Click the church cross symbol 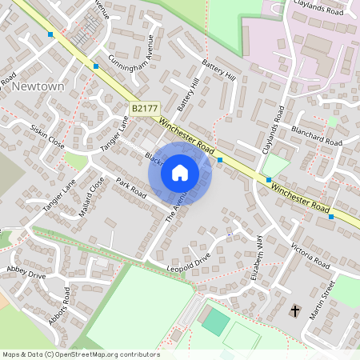point(294,310)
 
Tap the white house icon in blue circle point(179,172)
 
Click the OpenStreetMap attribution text point(80,354)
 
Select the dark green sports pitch point(215,322)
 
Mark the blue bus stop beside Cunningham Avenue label point(96,66)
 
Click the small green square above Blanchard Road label point(332,122)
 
